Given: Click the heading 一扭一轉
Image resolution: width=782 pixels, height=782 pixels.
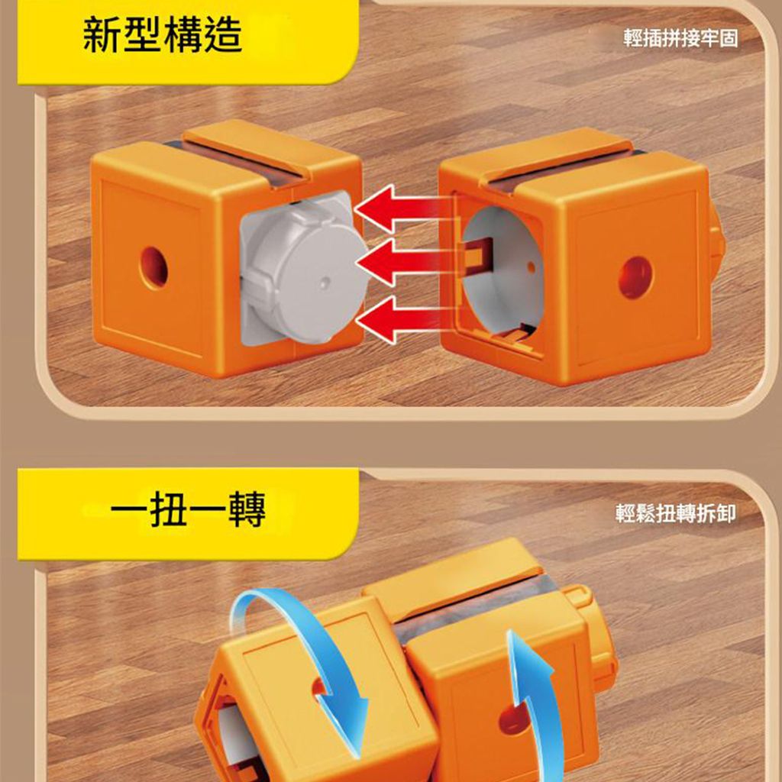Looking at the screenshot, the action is coord(188,509).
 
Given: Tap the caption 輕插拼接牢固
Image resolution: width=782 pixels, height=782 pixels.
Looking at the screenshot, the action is coord(680,38).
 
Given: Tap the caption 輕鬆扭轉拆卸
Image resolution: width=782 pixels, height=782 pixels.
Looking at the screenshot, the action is coord(675,513).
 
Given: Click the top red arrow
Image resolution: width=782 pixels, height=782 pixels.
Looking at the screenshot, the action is coord(404,208).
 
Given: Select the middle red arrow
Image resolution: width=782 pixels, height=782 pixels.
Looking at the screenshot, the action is coord(405,262).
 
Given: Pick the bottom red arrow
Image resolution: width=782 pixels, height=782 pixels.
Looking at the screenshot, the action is coord(405,319).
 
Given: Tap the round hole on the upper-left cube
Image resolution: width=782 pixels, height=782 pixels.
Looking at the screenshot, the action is coord(153,267).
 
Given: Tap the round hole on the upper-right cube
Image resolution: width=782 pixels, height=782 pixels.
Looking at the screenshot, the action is coord(635,277).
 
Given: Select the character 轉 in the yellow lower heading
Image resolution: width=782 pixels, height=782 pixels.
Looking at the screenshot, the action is coord(247,509).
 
